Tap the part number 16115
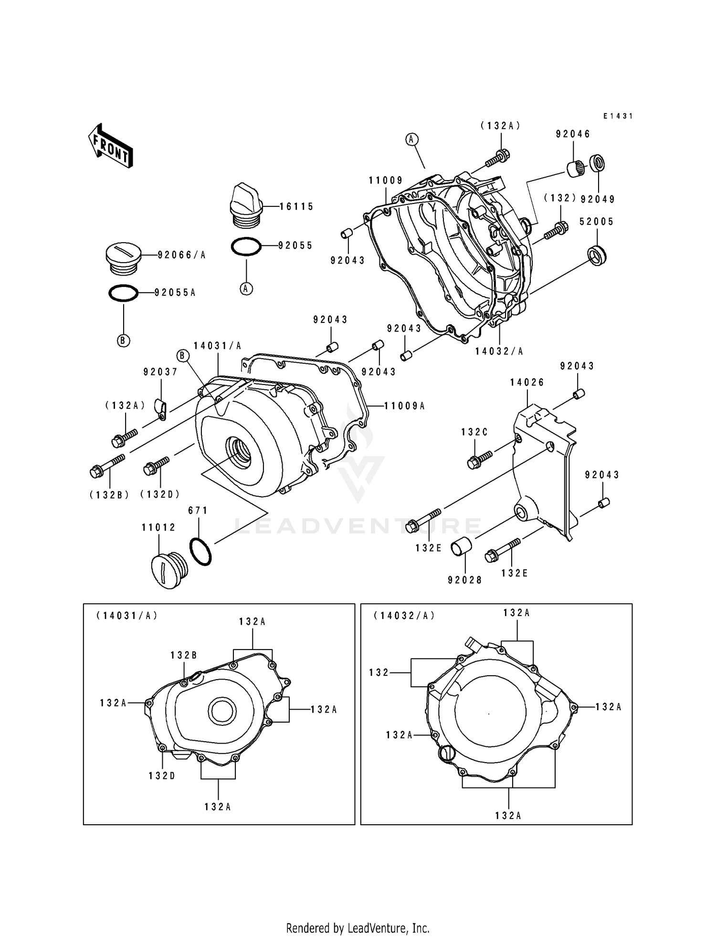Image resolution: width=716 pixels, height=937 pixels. pyautogui.click(x=296, y=206)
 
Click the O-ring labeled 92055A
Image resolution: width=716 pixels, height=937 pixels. pyautogui.click(x=124, y=293)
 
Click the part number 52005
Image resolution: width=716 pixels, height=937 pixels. pyautogui.click(x=596, y=222)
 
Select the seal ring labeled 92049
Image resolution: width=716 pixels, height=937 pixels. pyautogui.click(x=597, y=163)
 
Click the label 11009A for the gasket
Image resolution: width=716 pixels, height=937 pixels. pyautogui.click(x=405, y=406)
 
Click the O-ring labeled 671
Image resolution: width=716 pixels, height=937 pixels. pyautogui.click(x=200, y=552)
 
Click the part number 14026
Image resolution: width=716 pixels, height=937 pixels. pyautogui.click(x=527, y=383)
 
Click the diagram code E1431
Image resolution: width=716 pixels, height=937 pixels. pyautogui.click(x=618, y=116)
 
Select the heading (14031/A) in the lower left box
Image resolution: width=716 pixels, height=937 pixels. pyautogui.click(x=127, y=616)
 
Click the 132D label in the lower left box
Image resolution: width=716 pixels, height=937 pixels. pyautogui.click(x=162, y=776)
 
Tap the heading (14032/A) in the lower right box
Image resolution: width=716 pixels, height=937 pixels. pyautogui.click(x=404, y=616)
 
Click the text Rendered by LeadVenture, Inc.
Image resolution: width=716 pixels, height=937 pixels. pyautogui.click(x=358, y=928)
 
